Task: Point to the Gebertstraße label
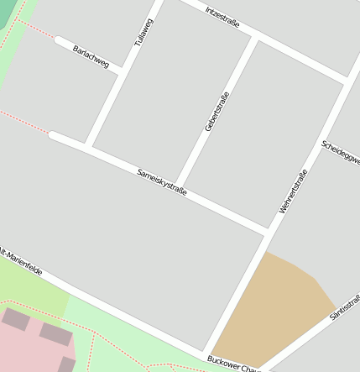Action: point(217,112)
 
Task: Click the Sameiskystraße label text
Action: point(161,183)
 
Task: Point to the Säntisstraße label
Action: point(345,307)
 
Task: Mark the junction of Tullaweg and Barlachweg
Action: point(123,68)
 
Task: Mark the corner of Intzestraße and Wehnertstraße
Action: point(347,80)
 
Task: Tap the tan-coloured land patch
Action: point(273,311)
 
